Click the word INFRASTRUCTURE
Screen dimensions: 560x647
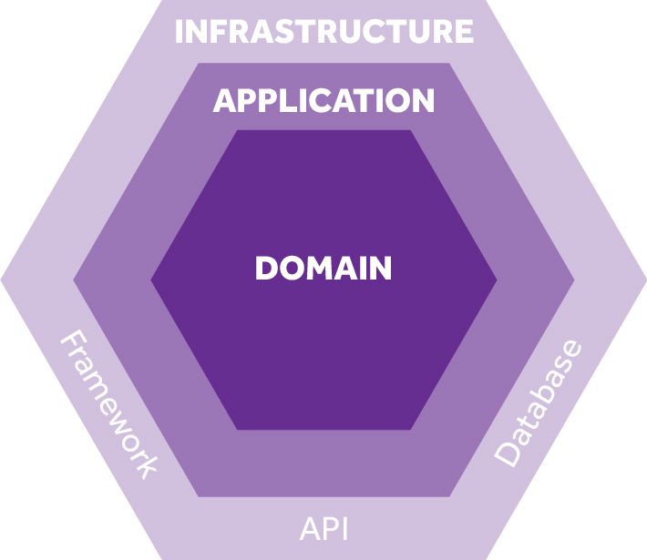pos(323,31)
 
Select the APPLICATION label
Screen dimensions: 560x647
pos(323,100)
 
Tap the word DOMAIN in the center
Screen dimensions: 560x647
pos(323,269)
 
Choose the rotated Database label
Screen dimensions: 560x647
pos(538,402)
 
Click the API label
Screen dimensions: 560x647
pos(323,529)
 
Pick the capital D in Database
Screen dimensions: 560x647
pos(507,454)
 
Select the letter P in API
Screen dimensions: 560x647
pos(325,529)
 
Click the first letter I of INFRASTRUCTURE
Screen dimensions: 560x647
pos(179,31)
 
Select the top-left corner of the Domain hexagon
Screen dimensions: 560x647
pos(237,130)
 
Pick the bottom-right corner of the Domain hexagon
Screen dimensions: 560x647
pos(411,429)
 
